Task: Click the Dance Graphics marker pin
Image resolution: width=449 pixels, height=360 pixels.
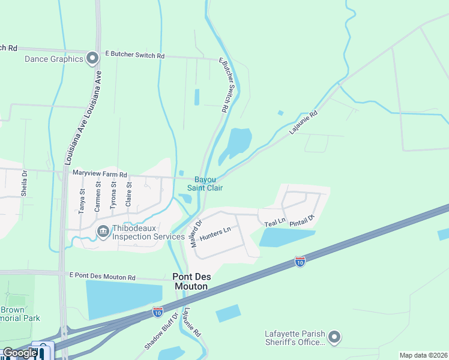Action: [x=92, y=59]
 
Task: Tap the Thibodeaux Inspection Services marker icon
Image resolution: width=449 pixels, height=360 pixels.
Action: [x=103, y=231]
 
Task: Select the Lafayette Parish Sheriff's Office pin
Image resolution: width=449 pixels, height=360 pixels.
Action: [x=335, y=337]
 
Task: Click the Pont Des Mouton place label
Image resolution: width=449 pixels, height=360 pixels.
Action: [x=190, y=281]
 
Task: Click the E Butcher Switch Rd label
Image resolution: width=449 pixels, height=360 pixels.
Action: [x=134, y=55]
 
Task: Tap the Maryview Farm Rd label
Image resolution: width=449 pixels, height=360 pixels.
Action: [x=100, y=174]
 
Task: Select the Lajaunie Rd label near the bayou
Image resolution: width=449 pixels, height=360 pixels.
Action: [x=303, y=122]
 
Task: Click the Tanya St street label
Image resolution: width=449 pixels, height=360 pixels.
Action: [x=82, y=200]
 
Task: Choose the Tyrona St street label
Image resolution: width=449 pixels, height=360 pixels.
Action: [x=113, y=197]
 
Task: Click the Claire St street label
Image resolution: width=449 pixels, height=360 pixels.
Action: [x=128, y=196]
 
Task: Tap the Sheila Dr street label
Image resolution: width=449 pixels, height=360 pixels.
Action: [x=25, y=182]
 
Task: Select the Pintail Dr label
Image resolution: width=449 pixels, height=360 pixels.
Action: [x=303, y=220]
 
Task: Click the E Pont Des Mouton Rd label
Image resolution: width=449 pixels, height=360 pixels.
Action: [x=102, y=277]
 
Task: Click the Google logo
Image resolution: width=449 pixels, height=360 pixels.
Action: [x=19, y=352]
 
